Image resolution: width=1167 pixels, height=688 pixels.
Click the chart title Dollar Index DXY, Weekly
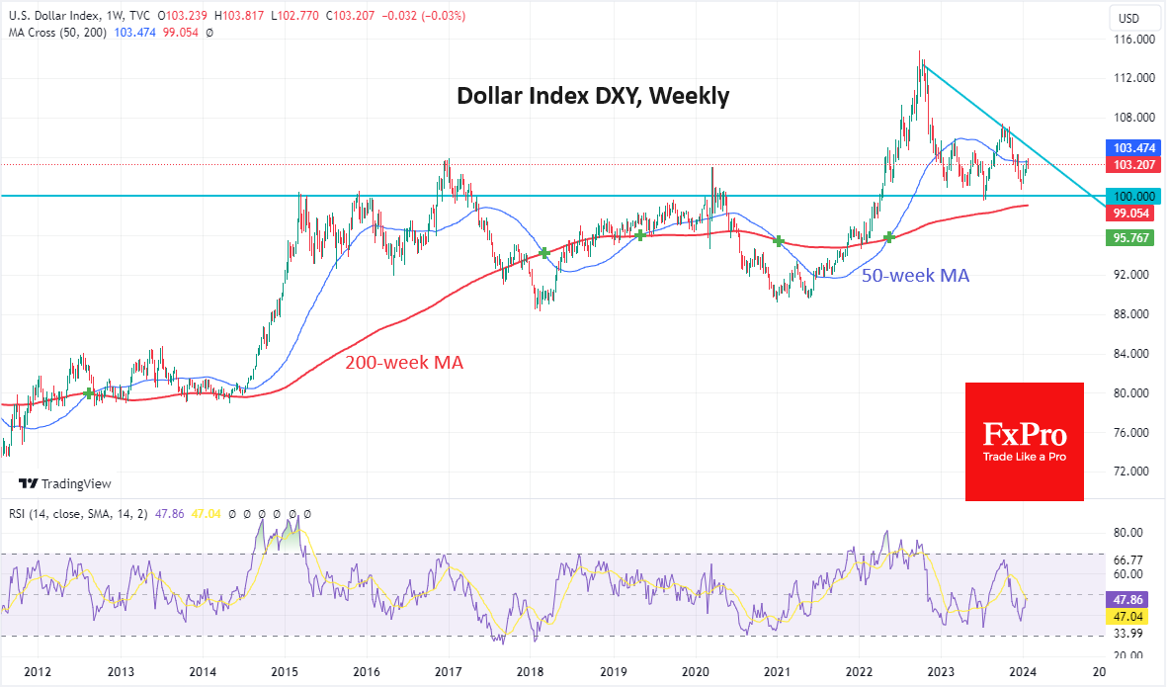click(592, 97)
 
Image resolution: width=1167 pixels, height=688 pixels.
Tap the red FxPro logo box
click(1024, 441)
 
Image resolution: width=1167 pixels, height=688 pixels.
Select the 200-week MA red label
click(403, 363)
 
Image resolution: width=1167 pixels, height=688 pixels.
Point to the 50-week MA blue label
click(915, 276)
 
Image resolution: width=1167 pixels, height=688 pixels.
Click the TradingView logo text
click(65, 483)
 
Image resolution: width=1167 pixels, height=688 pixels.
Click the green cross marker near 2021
click(779, 241)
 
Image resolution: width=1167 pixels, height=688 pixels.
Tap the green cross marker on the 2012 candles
click(89, 393)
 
